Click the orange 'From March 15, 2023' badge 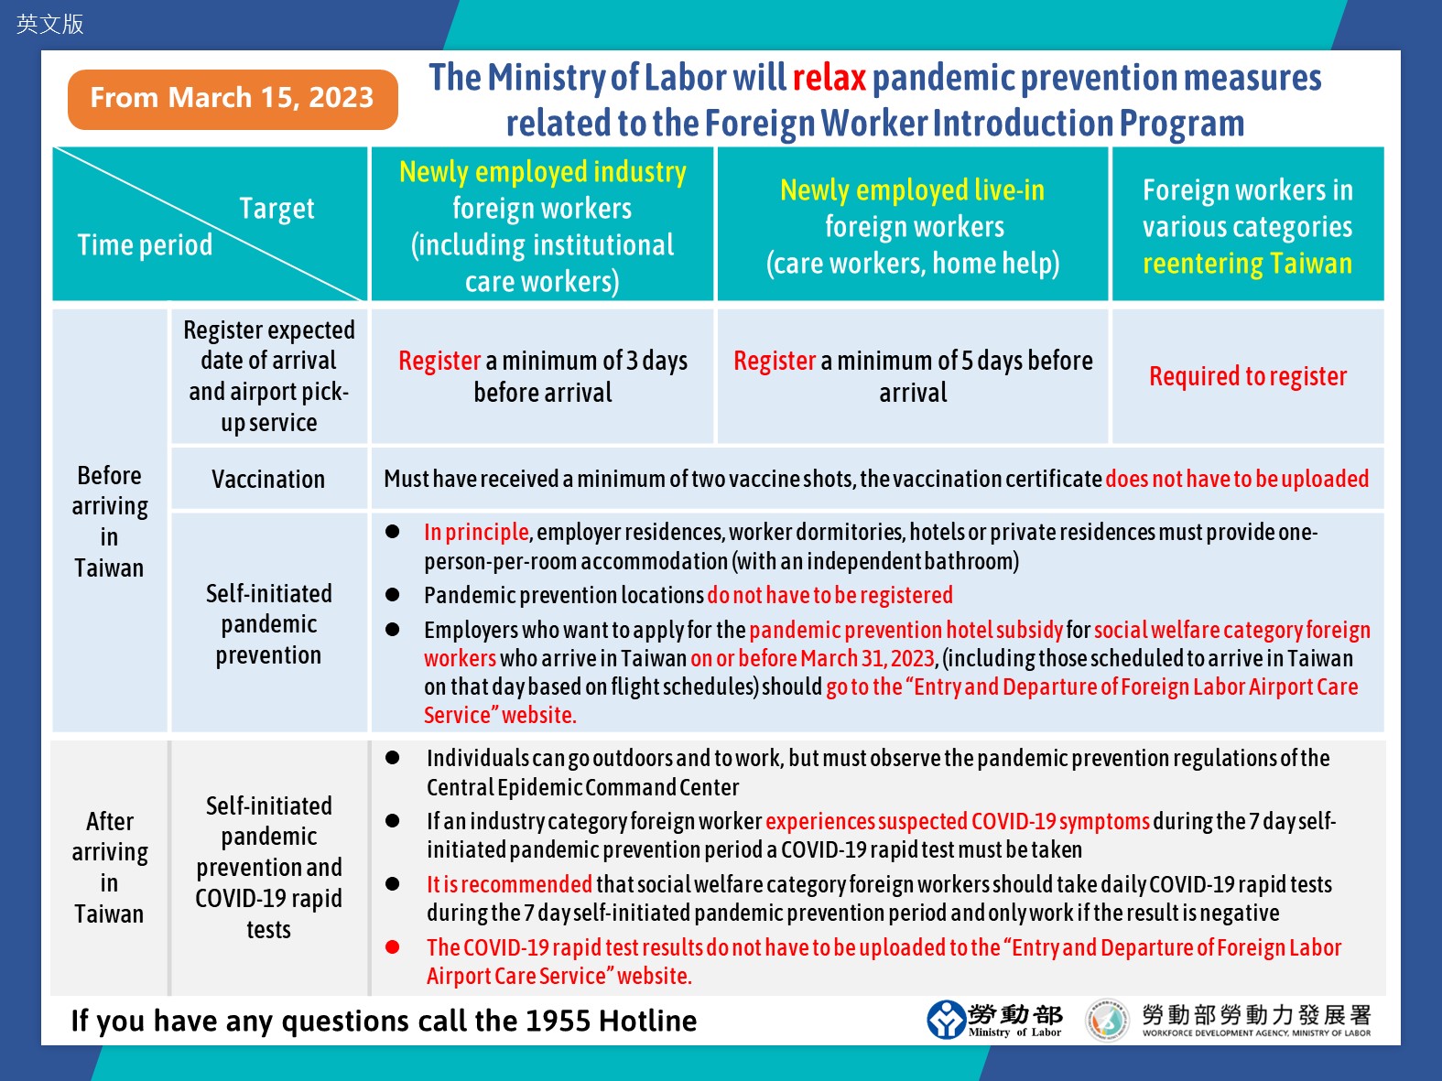pos(233,98)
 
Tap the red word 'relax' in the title pos(829,78)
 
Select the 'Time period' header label pos(145,245)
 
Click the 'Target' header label pos(276,209)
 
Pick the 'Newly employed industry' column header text pos(543,172)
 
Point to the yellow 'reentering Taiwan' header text pos(1247,264)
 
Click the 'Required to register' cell pos(1248,376)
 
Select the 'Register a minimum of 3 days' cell pos(543,376)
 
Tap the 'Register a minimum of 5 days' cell pos(913,376)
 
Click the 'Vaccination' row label pos(268,479)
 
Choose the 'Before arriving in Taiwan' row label pos(109,521)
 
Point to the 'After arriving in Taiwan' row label pos(109,867)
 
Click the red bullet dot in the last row pos(393,947)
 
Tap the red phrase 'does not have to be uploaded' pos(1237,479)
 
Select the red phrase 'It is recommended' pos(509,884)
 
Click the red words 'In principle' pos(476,532)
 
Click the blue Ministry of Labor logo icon pos(946,1020)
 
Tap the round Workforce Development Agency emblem pos(1107,1021)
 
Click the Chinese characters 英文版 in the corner pos(50,24)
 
